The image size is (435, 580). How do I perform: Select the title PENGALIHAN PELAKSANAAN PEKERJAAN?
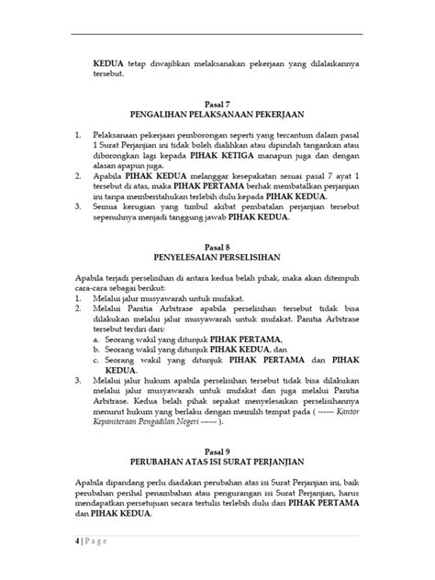[217, 117]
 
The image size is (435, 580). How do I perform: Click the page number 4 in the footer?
[76, 553]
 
